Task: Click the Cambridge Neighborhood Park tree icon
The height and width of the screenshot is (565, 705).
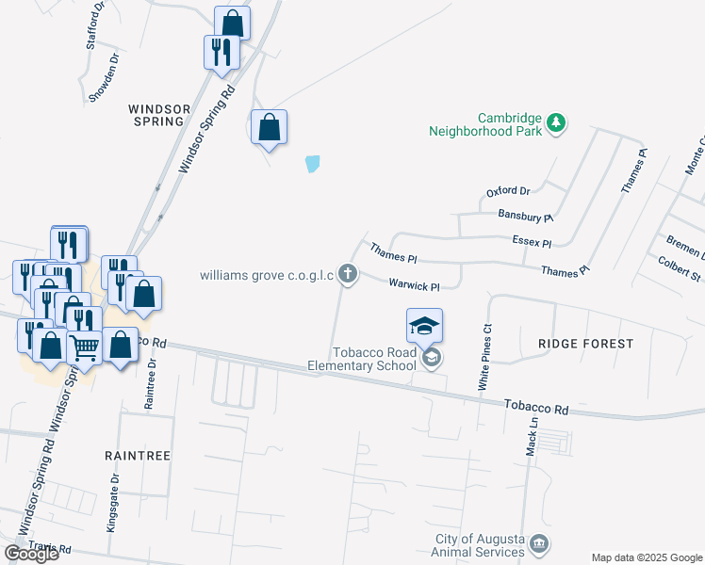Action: point(557,122)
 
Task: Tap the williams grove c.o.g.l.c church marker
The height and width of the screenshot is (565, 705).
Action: point(348,274)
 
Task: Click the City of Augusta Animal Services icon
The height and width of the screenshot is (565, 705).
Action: point(539,543)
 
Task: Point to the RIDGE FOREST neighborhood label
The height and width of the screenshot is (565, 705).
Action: point(585,344)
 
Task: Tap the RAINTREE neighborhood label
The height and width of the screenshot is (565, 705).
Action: point(138,455)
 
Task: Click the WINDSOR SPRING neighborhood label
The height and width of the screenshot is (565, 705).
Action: point(156,115)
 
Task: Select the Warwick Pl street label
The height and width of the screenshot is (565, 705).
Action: point(415,285)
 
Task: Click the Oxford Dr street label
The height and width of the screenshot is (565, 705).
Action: point(509,191)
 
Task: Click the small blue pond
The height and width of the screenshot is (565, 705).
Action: point(313,164)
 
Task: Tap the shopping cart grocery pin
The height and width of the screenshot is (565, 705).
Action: point(85,347)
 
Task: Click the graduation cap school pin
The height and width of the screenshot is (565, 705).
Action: point(424,326)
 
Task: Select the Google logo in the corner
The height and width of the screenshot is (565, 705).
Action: point(31,554)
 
